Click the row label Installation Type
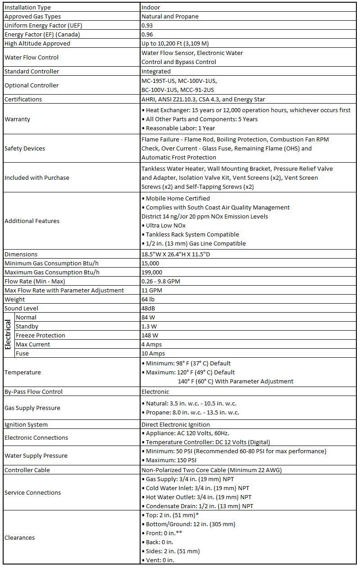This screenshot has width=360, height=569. pos(27,7)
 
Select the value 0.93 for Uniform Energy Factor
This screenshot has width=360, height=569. pos(147,25)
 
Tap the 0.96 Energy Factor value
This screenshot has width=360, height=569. pos(147,34)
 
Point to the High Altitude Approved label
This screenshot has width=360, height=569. pos(37,43)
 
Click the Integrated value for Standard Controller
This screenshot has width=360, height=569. pos(156,71)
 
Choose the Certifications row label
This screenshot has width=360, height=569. pos(23,99)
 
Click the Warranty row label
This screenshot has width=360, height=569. pos(17,119)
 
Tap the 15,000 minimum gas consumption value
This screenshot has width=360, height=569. pos(150,263)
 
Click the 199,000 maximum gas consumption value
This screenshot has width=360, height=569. pos(152,272)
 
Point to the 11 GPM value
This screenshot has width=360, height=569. pos(152,290)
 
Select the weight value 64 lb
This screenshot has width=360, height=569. pos(148,299)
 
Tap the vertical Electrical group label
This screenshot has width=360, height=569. pos(8,335)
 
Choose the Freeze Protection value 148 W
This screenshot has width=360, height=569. pos(149,335)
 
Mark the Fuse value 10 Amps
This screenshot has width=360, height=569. pos(153,353)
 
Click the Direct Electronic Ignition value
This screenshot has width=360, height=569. pos(175,424)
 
